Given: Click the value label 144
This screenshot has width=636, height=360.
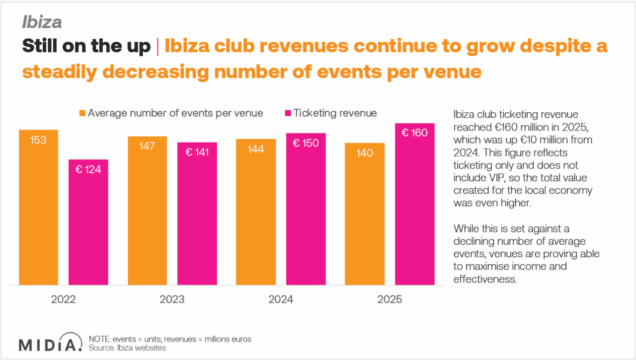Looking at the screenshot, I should coord(255,149).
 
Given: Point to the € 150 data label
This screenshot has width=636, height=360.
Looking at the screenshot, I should coord(306,143).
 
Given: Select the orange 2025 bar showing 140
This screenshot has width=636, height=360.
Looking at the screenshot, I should coord(365,214).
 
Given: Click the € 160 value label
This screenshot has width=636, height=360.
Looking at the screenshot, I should coord(414,133).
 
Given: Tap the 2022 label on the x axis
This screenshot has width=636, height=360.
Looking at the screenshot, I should coord(63,299).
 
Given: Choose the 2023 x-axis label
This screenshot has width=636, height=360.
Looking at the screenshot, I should coord(172,299).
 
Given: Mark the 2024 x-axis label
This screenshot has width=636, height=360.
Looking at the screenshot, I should coord(281,299).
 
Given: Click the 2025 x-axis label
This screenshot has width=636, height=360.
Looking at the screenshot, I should coord(390,299).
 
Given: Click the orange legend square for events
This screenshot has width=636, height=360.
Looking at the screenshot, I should coord(82,113).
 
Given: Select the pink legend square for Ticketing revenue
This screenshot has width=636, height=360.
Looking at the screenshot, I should coord(288,113).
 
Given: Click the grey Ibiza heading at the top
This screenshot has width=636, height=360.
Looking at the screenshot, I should coord(42,22).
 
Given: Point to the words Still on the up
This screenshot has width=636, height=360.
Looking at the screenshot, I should coord(86,47).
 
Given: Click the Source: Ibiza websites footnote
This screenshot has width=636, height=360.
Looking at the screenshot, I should coord(127,348).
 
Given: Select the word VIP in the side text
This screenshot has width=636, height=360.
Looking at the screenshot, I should coord(491,178).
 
